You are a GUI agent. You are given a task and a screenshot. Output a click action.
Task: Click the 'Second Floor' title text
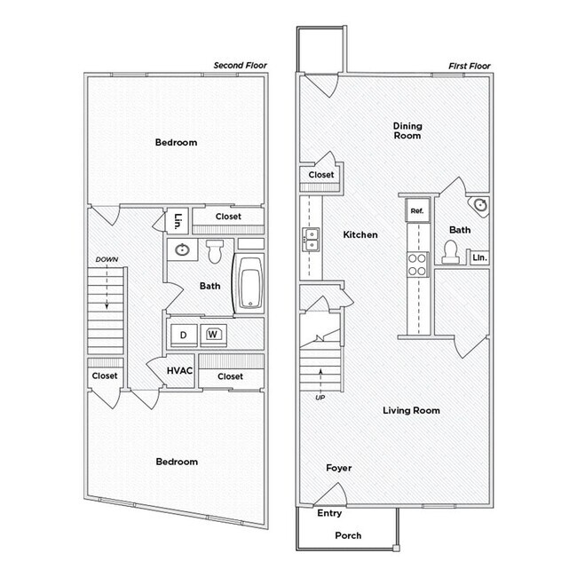241,66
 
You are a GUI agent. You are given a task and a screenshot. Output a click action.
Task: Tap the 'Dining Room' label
407,131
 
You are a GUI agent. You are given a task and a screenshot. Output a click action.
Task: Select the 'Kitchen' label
360,235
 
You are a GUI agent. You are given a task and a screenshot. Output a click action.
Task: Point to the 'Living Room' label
411,410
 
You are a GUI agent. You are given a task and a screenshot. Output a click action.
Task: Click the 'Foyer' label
338,468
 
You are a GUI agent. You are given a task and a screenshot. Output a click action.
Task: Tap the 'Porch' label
348,535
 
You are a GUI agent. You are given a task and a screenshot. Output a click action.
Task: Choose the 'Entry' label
329,513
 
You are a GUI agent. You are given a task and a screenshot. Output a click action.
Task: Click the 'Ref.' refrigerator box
416,211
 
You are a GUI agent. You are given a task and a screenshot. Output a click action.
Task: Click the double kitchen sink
311,239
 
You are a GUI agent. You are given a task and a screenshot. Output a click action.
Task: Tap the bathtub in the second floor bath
249,283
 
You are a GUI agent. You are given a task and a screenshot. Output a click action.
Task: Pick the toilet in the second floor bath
215,251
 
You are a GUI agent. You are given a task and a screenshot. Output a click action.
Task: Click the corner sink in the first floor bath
480,206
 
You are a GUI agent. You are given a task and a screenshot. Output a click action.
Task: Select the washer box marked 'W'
213,335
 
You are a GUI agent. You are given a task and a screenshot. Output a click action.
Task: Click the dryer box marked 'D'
184,335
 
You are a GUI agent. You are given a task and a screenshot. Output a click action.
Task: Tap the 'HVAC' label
179,371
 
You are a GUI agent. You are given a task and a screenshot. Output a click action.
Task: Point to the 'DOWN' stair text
106,259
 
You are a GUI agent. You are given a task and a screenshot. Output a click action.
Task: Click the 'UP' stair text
320,398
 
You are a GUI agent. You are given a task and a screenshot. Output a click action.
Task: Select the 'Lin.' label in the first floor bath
479,257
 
